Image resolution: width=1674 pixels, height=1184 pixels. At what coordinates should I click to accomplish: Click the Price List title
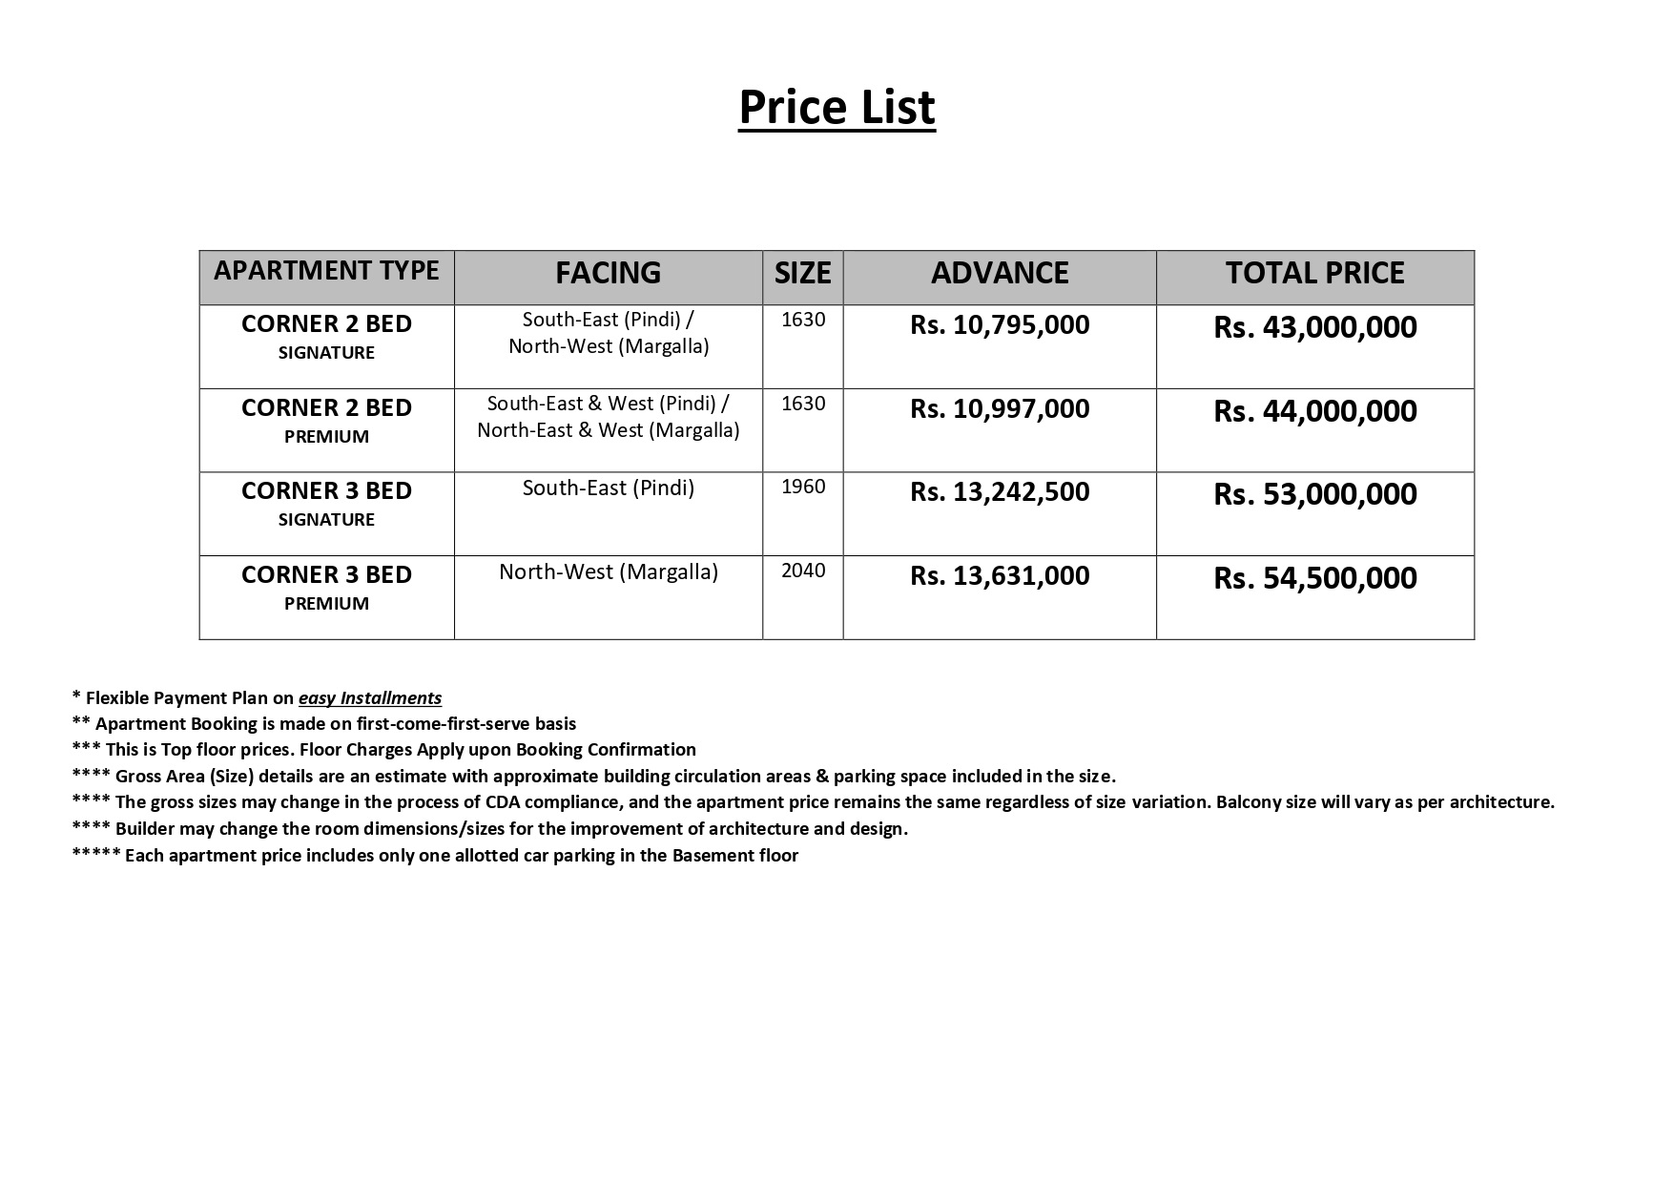pos(837,107)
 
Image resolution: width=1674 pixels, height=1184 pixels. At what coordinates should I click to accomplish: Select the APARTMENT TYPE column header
pos(326,271)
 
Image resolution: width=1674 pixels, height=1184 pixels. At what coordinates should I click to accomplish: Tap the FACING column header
pos(608,273)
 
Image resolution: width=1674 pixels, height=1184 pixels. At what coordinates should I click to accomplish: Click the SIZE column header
pos(802,273)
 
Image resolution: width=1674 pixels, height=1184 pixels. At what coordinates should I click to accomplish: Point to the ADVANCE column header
pos(1000,273)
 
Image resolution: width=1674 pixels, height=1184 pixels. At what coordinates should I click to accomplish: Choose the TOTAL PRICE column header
pos(1314,273)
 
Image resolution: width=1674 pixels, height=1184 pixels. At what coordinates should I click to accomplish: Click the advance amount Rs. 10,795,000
pos(1000,325)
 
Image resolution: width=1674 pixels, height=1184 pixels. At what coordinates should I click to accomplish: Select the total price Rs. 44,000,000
pos(1314,411)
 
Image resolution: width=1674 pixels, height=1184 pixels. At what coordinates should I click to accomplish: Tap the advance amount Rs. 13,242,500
pos(1000,492)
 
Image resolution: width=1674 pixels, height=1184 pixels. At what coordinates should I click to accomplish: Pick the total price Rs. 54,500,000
pos(1314,578)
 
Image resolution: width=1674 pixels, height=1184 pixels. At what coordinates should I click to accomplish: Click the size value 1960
pos(803,487)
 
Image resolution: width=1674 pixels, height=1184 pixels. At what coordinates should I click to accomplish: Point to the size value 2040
pos(803,571)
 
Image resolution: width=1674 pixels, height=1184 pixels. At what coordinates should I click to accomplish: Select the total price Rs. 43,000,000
pos(1314,327)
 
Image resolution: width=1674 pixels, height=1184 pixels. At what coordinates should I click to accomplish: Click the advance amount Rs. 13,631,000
pos(1000,576)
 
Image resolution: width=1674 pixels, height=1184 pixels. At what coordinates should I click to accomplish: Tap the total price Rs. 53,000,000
pos(1314,494)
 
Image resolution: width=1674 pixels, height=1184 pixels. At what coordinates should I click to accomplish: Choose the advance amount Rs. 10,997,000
pos(1000,409)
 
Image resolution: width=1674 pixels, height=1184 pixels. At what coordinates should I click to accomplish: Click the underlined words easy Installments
pos(370,698)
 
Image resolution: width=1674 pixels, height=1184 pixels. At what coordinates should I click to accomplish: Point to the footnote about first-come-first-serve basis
pos(324,724)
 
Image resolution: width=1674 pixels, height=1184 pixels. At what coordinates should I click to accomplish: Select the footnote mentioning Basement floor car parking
pos(435,856)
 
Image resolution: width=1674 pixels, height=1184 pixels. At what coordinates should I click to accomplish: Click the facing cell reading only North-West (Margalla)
pos(608,572)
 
